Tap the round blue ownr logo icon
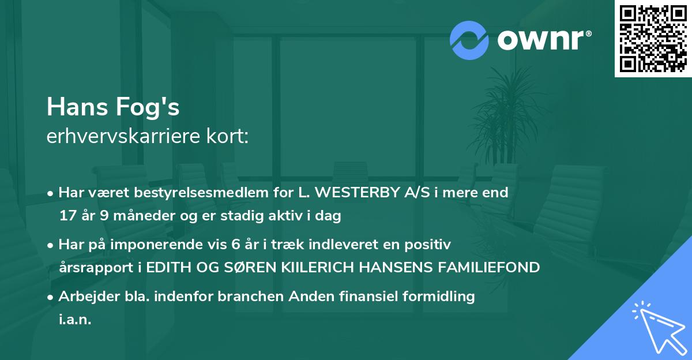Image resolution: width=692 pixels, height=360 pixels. tap(469, 39)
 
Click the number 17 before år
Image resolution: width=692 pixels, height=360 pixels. tap(67, 216)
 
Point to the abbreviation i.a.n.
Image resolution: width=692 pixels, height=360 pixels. tap(75, 320)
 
